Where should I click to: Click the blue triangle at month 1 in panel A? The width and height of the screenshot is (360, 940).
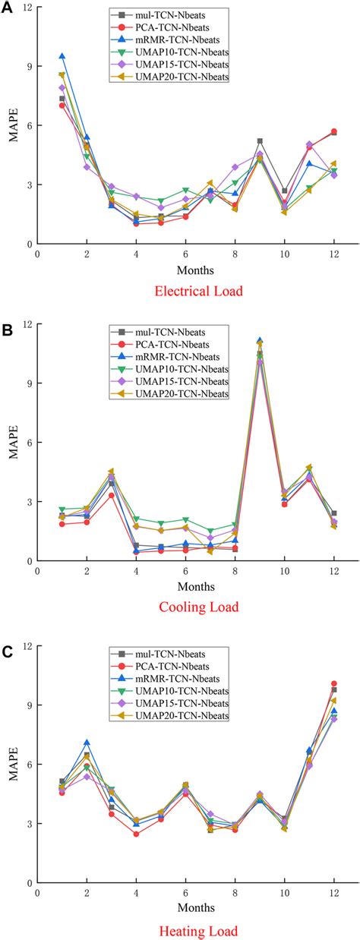pos(62,56)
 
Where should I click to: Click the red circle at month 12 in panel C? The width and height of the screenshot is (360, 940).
pos(333,684)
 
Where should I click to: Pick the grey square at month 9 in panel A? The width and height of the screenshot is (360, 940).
pos(260,141)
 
